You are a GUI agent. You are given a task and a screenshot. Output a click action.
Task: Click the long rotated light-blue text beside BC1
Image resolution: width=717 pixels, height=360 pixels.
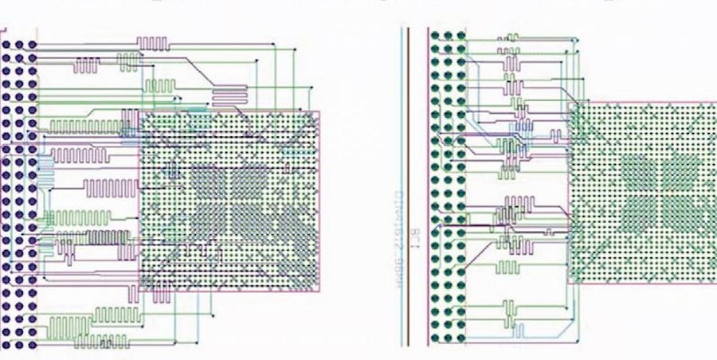pyautogui.click(x=396, y=239)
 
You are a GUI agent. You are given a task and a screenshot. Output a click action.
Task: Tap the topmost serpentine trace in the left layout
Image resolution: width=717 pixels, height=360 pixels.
pyautogui.click(x=153, y=42)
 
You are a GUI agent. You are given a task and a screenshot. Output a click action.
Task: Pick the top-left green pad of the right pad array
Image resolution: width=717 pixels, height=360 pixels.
pyautogui.click(x=436, y=36)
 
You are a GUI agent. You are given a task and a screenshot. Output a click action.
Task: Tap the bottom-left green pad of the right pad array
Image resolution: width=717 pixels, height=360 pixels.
pyautogui.click(x=436, y=338)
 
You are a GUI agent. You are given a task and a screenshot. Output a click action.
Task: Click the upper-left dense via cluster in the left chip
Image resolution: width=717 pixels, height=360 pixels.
pyautogui.click(x=205, y=179)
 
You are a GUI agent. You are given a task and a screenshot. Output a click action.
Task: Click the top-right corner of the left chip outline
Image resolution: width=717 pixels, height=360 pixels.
pyautogui.click(x=320, y=112)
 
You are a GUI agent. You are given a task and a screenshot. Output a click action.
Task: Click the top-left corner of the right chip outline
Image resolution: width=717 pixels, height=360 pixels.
pyautogui.click(x=569, y=101)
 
